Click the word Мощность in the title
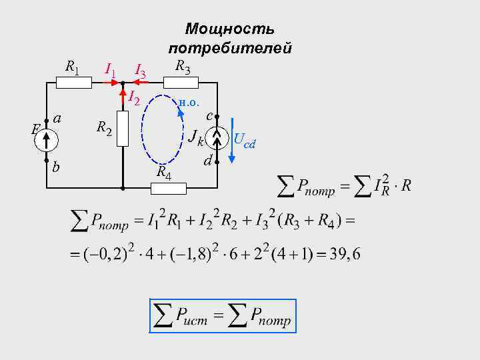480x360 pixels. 229,29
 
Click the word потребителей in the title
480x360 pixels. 230,48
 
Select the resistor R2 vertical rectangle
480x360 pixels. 123,128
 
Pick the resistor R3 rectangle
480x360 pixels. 182,83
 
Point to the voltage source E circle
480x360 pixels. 47,139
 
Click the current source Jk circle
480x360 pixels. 217,139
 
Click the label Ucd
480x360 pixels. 245,141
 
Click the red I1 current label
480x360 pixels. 111,69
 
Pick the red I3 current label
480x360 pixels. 141,70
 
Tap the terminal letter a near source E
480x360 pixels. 58,118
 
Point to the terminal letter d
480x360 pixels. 207,161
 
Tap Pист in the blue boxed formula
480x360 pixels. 190,317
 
